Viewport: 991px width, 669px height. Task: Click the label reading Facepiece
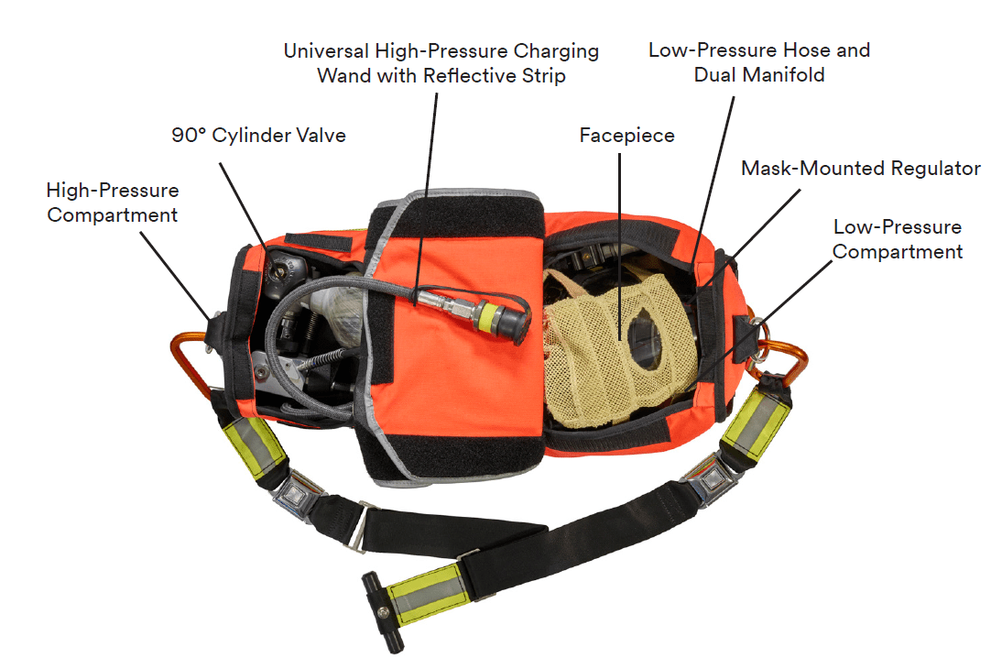click(x=626, y=136)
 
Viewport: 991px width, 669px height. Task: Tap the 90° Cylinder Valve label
click(x=258, y=136)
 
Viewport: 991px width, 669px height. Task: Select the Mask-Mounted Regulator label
click(x=860, y=169)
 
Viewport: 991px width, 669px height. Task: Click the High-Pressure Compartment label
click(x=113, y=203)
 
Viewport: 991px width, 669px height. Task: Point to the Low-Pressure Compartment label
click(x=897, y=238)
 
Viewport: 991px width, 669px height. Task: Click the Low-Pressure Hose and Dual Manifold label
click(x=758, y=62)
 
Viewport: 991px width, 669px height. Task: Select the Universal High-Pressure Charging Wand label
click(x=441, y=62)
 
